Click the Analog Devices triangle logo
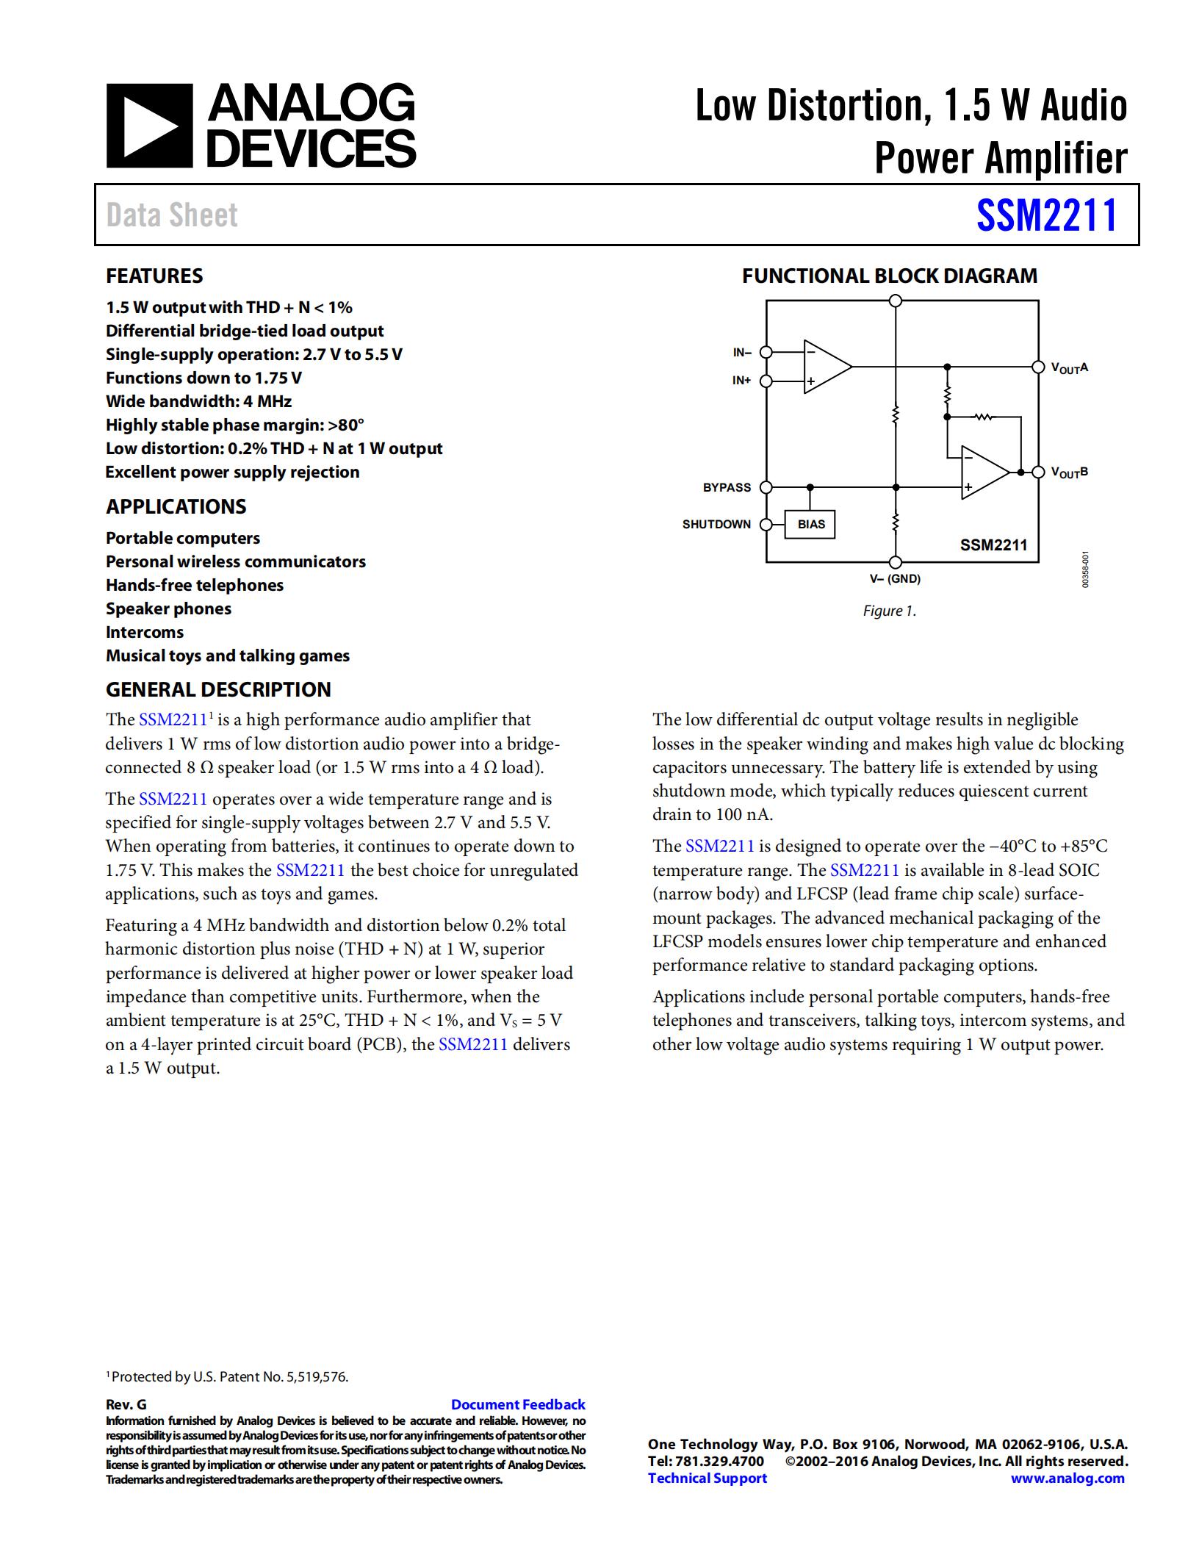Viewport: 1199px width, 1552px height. coord(150,126)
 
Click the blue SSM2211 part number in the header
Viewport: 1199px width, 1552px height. coord(1046,215)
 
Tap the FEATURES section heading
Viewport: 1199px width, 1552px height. coord(154,276)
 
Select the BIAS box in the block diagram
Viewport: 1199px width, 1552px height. coord(810,525)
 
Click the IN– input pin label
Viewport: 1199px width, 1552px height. coord(742,353)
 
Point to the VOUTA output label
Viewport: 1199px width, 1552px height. coord(1069,367)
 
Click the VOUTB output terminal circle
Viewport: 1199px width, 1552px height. coord(1038,472)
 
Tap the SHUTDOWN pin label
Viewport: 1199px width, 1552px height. coord(716,525)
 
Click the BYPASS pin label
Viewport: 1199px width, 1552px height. coord(727,488)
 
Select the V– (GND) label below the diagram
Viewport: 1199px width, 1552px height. coord(895,579)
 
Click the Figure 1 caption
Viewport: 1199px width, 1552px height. coord(889,611)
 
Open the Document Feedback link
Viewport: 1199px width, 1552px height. coord(518,1405)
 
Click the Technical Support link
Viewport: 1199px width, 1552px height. coord(707,1479)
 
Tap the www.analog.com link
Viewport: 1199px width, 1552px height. coord(1067,1479)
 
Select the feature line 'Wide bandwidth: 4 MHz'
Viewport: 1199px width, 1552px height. coord(198,402)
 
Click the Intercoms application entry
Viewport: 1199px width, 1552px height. coord(145,633)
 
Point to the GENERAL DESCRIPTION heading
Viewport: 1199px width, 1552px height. coord(218,690)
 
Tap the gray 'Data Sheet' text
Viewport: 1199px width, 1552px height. coord(172,215)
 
